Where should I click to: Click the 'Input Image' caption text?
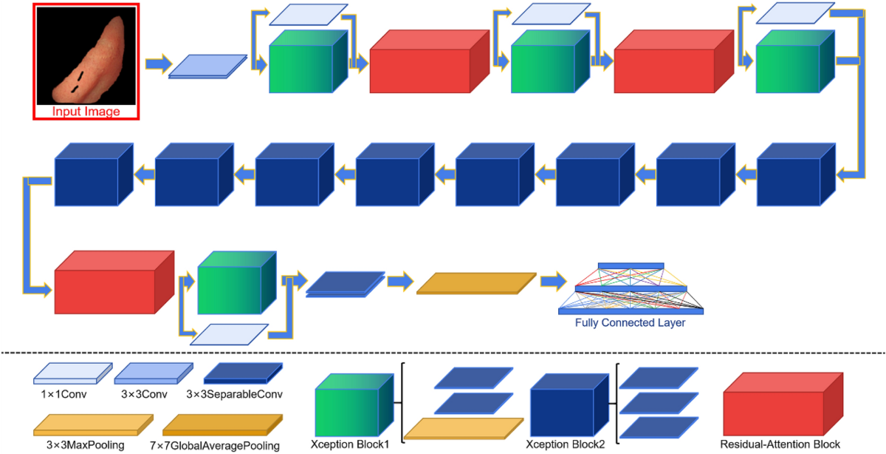86,112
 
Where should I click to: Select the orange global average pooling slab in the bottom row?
476,284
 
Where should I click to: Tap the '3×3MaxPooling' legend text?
80,445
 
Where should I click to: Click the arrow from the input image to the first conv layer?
157,64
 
